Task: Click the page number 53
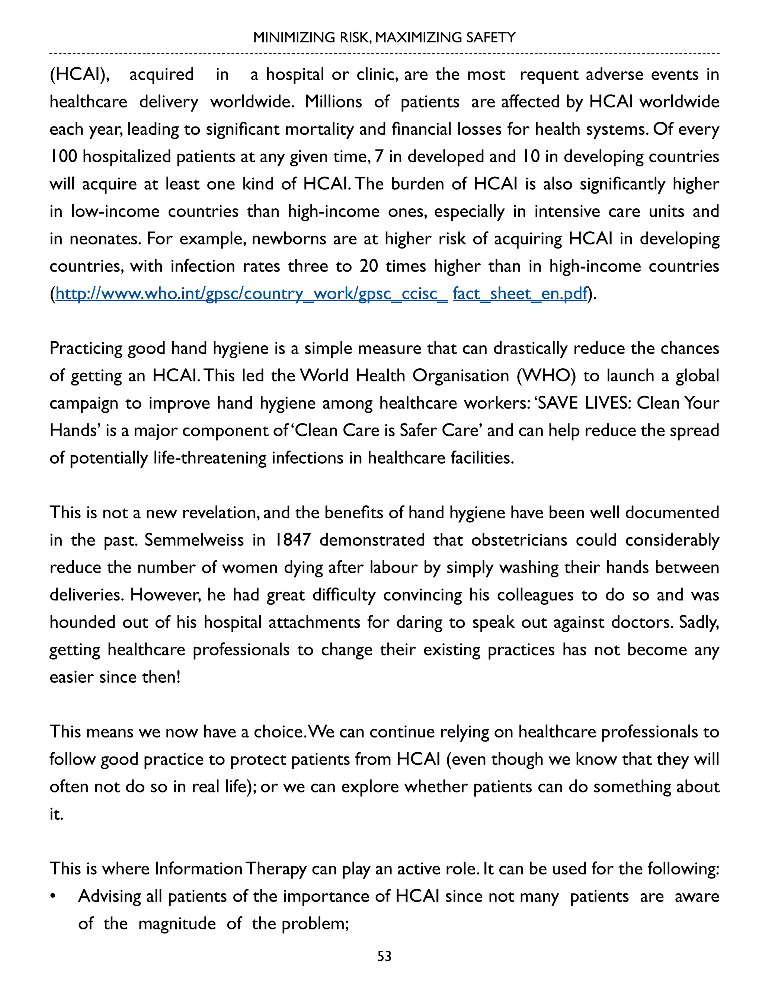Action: [x=384, y=956]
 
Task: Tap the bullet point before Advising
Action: [x=53, y=897]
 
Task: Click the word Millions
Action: [x=333, y=102]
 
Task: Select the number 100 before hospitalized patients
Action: [x=63, y=157]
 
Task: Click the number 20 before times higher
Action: [x=369, y=266]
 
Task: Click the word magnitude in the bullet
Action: [x=176, y=924]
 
